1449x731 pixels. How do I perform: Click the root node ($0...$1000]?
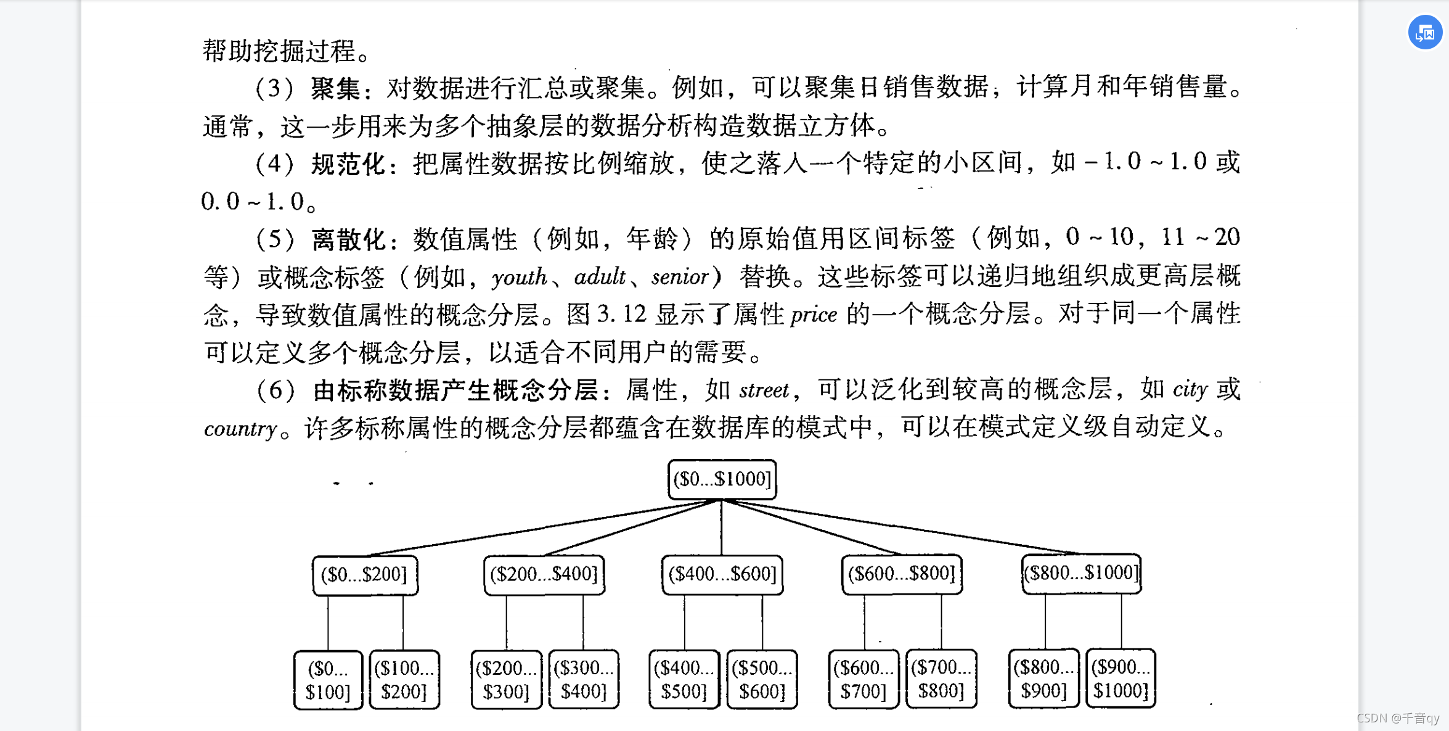[722, 479]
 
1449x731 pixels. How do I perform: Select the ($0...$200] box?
[365, 575]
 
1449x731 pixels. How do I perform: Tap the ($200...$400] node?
[544, 575]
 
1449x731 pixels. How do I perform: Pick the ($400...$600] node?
[722, 575]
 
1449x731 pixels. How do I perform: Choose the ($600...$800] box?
[901, 574]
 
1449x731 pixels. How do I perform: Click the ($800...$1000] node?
[1081, 574]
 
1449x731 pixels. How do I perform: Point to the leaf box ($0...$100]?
[328, 680]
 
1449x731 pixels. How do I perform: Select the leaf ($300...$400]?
[583, 679]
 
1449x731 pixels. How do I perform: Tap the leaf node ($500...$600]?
[762, 679]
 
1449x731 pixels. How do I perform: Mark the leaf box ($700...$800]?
[941, 679]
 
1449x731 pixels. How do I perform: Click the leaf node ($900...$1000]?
[1120, 679]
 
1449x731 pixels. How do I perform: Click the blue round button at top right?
[1425, 32]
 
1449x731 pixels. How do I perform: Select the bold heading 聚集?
[335, 88]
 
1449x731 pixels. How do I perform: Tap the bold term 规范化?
[348, 164]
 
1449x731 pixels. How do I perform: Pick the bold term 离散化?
[348, 239]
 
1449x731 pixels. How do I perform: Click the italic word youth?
[519, 277]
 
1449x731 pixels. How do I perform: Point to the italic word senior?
[679, 277]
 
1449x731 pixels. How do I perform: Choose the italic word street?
[764, 390]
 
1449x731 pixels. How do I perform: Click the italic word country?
[240, 428]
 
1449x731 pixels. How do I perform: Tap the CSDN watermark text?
[1397, 718]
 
